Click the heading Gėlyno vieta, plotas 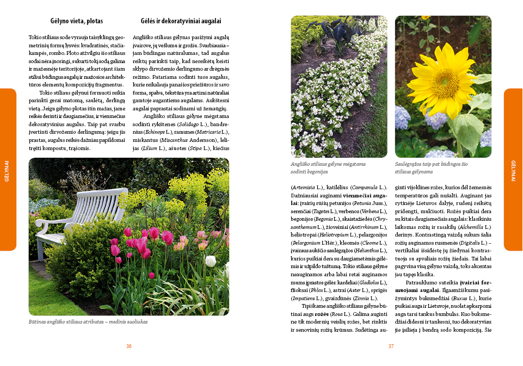click(x=76, y=21)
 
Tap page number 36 click(x=129, y=346)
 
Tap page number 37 click(x=391, y=346)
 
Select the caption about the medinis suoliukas click(x=88, y=321)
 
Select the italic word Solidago click(x=188, y=125)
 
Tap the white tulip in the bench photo click(x=210, y=261)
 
